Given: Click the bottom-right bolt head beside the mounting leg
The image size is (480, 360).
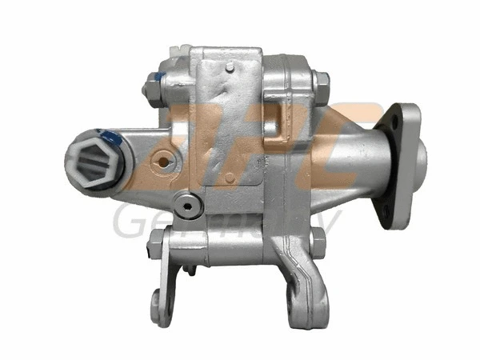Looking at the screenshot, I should pos(318,242).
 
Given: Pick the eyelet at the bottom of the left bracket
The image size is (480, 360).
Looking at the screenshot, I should pos(158,303).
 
